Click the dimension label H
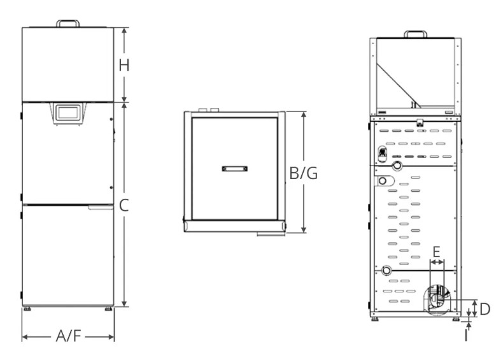click(x=124, y=65)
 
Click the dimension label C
click(x=124, y=205)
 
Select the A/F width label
click(x=68, y=336)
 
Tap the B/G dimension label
click(x=303, y=173)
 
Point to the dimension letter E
click(x=436, y=252)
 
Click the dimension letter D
click(x=485, y=309)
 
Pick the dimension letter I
click(x=466, y=335)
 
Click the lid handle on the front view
click(x=68, y=24)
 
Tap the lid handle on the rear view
click(x=416, y=34)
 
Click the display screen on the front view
click(x=67, y=113)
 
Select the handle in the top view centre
click(x=235, y=169)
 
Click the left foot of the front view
click(x=27, y=308)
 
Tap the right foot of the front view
click(x=108, y=308)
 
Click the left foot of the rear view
click(x=376, y=319)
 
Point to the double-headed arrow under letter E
click(x=437, y=262)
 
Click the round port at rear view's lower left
click(x=386, y=271)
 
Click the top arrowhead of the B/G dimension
click(x=304, y=115)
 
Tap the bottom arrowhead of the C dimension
click(x=125, y=303)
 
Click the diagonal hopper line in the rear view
click(x=398, y=85)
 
